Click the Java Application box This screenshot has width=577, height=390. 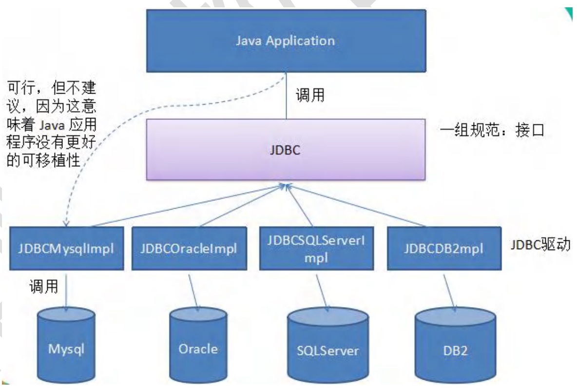(x=286, y=40)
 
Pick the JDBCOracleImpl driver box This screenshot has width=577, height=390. (x=188, y=248)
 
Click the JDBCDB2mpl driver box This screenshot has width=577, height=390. (x=443, y=248)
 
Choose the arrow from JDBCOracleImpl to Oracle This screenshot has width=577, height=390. (x=193, y=292)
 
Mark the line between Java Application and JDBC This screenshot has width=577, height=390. (x=286, y=97)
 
